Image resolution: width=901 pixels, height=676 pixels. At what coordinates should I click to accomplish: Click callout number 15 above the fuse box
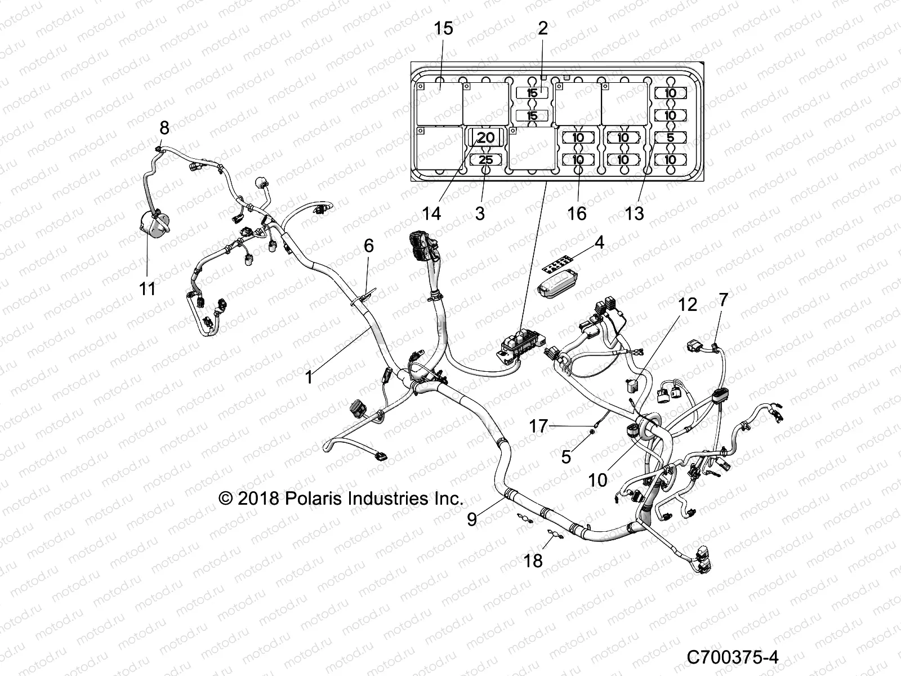pos(444,28)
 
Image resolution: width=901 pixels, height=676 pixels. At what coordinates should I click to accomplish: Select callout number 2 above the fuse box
pos(542,28)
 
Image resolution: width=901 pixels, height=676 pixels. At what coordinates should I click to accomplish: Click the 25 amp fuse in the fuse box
pos(485,160)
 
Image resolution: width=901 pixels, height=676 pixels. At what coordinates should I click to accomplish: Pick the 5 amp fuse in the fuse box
pos(670,137)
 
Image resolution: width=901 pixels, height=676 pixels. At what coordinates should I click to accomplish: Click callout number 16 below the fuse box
pos(577,214)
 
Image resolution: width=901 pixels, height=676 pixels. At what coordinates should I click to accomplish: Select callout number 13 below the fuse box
pos(635,214)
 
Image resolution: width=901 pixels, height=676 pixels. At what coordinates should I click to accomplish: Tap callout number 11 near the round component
pos(147,288)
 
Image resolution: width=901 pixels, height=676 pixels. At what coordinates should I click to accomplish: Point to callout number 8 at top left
pos(164,127)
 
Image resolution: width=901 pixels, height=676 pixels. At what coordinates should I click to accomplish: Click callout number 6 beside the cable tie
pos(368,246)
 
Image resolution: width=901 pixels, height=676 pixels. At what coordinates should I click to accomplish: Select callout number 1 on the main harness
pos(309,377)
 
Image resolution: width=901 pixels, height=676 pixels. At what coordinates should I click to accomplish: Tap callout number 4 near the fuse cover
pos(599,243)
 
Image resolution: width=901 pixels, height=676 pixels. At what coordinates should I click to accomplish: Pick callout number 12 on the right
pos(687,305)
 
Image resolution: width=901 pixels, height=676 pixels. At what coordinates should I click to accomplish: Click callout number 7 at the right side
pos(724,300)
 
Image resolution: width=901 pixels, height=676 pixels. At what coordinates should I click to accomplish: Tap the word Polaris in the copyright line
pos(317,498)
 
